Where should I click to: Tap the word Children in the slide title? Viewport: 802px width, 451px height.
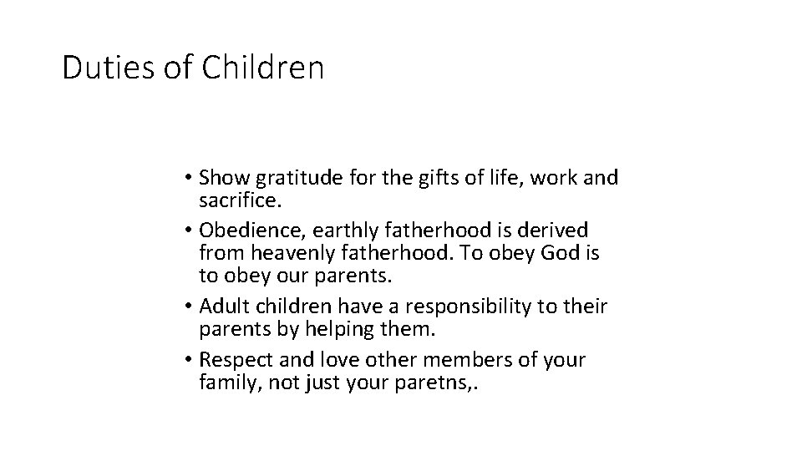pos(262,68)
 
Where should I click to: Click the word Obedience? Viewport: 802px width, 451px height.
pos(243,230)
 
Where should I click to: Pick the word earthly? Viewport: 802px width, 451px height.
pos(344,230)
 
